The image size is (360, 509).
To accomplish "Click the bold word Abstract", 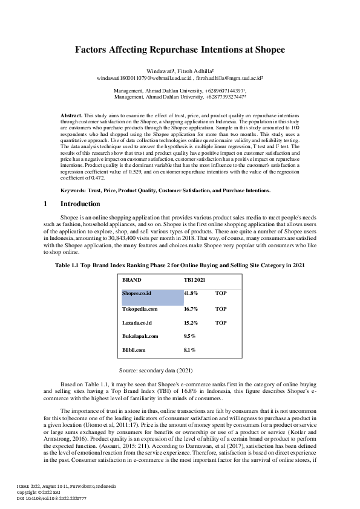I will [x=72, y=115].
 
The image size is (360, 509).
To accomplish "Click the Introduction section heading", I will [x=80, y=204].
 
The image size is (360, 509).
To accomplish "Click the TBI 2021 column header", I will [x=195, y=280].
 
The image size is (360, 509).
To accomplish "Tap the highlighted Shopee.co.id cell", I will [x=137, y=293].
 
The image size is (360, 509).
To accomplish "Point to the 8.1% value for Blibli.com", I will [x=189, y=350].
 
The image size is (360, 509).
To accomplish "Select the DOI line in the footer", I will [x=51, y=498].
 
